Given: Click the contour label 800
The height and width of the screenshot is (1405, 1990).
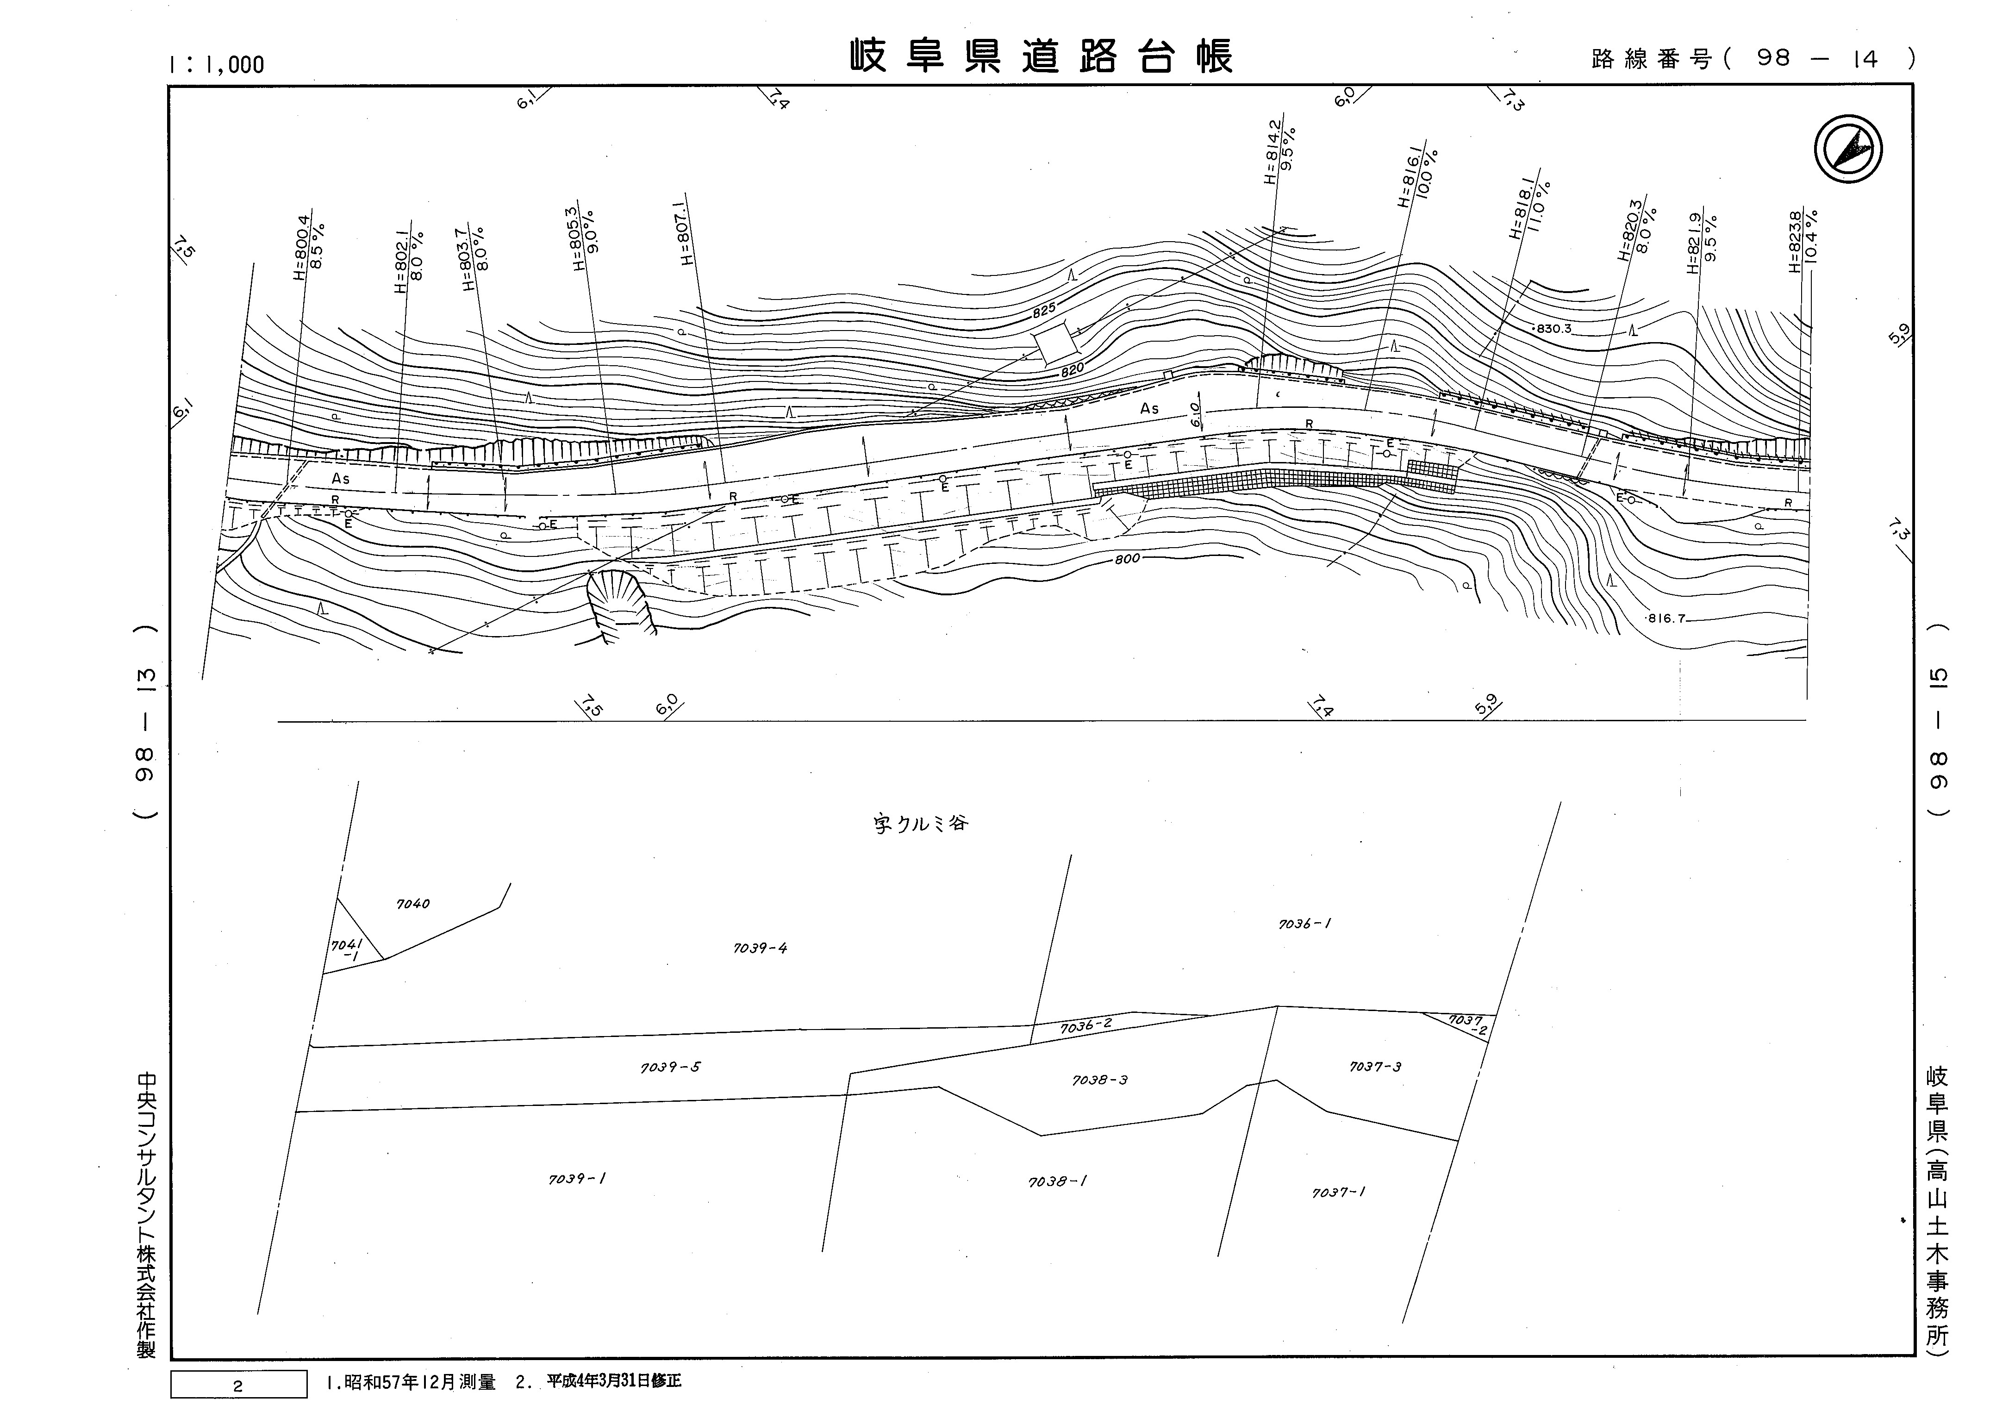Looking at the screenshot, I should pos(1127,559).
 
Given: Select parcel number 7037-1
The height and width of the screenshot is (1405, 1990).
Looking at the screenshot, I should pos(1338,1193).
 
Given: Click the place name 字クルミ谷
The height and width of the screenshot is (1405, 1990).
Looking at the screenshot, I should pos(920,824).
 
